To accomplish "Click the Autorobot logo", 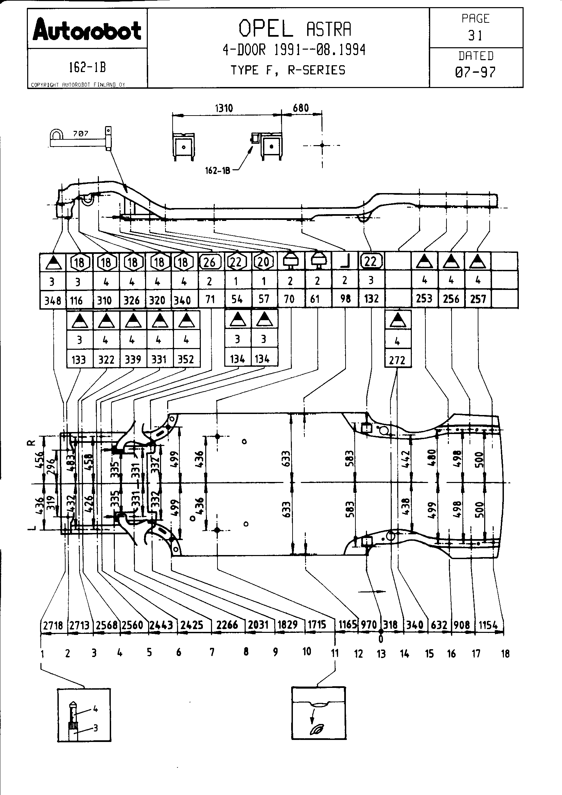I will point(87,30).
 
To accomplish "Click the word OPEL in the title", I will point(265,29).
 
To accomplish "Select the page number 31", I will point(475,35).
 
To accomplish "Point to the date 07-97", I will point(475,72).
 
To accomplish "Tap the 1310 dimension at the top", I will point(224,108).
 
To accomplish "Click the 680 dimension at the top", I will point(300,108).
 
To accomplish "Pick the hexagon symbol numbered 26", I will point(210,262).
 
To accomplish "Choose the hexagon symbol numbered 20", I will point(264,262).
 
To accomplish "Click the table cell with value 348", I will point(53,300).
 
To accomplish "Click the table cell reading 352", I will point(186,359).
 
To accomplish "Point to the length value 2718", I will point(53,625).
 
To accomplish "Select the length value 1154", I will point(488,625).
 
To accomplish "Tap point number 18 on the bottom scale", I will point(505,654).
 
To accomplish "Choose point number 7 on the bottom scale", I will point(212,652).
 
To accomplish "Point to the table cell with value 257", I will point(478,298).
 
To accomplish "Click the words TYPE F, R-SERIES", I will point(288,70).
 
